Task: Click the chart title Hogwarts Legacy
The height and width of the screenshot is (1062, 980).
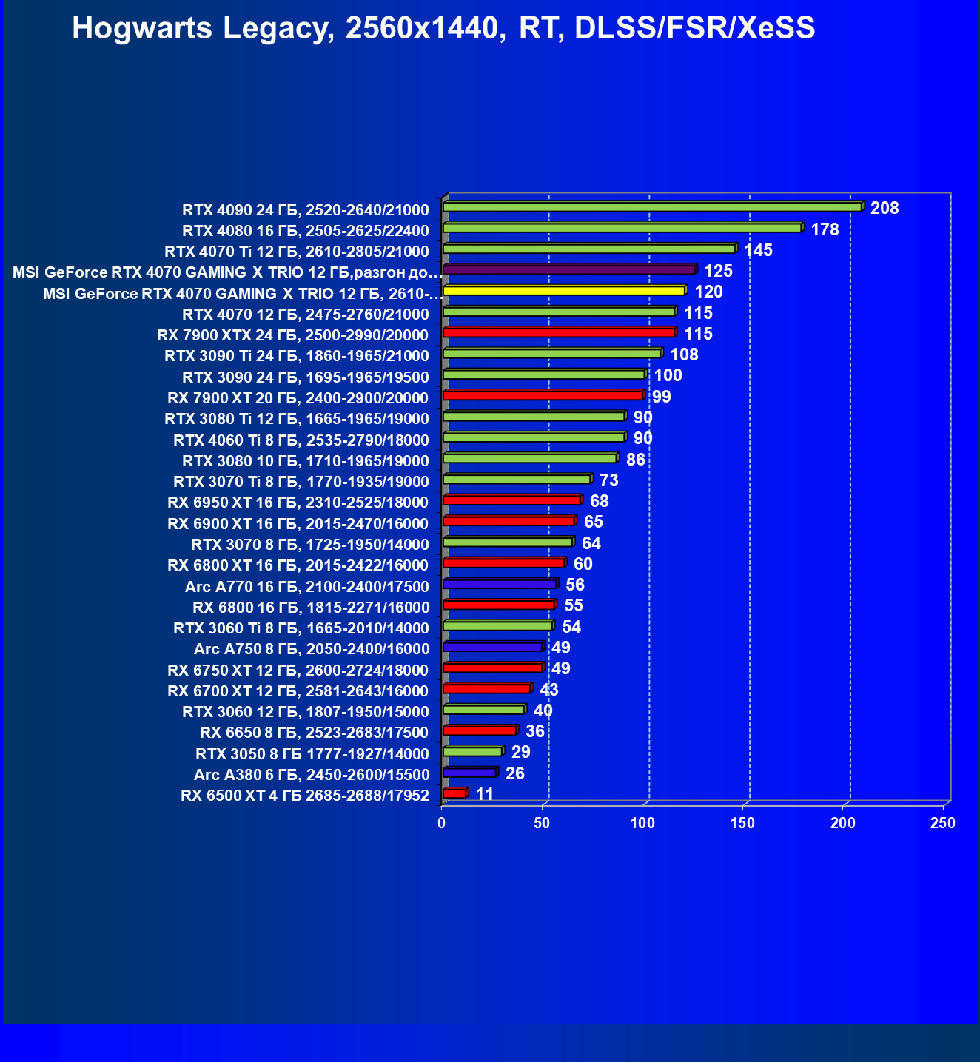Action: click(x=443, y=29)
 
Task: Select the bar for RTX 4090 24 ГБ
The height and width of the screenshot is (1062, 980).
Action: click(x=652, y=206)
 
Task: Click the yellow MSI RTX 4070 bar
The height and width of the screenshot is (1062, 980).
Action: click(x=563, y=290)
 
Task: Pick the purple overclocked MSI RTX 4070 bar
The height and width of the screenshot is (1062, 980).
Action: click(x=568, y=269)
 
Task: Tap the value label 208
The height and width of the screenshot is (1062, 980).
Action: click(x=885, y=208)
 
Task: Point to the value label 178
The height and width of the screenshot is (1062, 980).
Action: click(x=825, y=229)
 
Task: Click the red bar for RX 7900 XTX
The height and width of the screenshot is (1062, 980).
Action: click(x=559, y=332)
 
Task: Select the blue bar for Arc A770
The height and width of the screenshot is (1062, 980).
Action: click(x=500, y=584)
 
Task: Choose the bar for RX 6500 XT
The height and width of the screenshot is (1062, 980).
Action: click(x=454, y=793)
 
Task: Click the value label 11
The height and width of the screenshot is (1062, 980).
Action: click(x=485, y=794)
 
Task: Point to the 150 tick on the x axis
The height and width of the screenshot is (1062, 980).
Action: click(x=742, y=823)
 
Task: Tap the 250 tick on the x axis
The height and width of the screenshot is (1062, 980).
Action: click(x=943, y=823)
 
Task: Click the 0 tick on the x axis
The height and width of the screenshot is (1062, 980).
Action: click(x=442, y=823)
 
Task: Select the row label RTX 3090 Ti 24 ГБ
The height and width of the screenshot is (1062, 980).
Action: click(x=296, y=356)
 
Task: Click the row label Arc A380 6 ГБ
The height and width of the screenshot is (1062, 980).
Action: click(x=311, y=775)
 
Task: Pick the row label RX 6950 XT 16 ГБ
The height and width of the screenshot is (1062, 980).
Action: click(x=298, y=503)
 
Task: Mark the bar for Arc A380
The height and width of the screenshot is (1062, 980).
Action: click(x=469, y=773)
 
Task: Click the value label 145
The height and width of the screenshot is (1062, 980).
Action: click(x=758, y=250)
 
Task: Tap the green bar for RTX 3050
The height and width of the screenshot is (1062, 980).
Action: click(x=472, y=751)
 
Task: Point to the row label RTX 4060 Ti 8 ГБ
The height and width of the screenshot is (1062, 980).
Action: click(x=301, y=440)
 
